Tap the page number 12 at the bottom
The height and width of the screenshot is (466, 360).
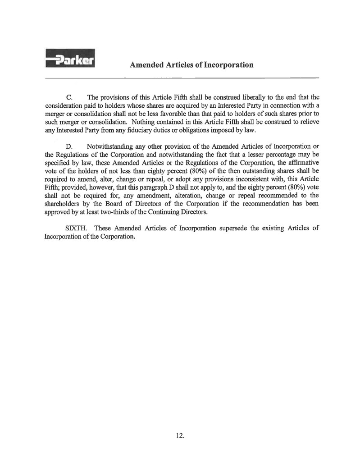pos(181,435)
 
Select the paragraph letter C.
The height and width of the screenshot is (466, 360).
pos(69,97)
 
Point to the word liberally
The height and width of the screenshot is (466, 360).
pos(249,97)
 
